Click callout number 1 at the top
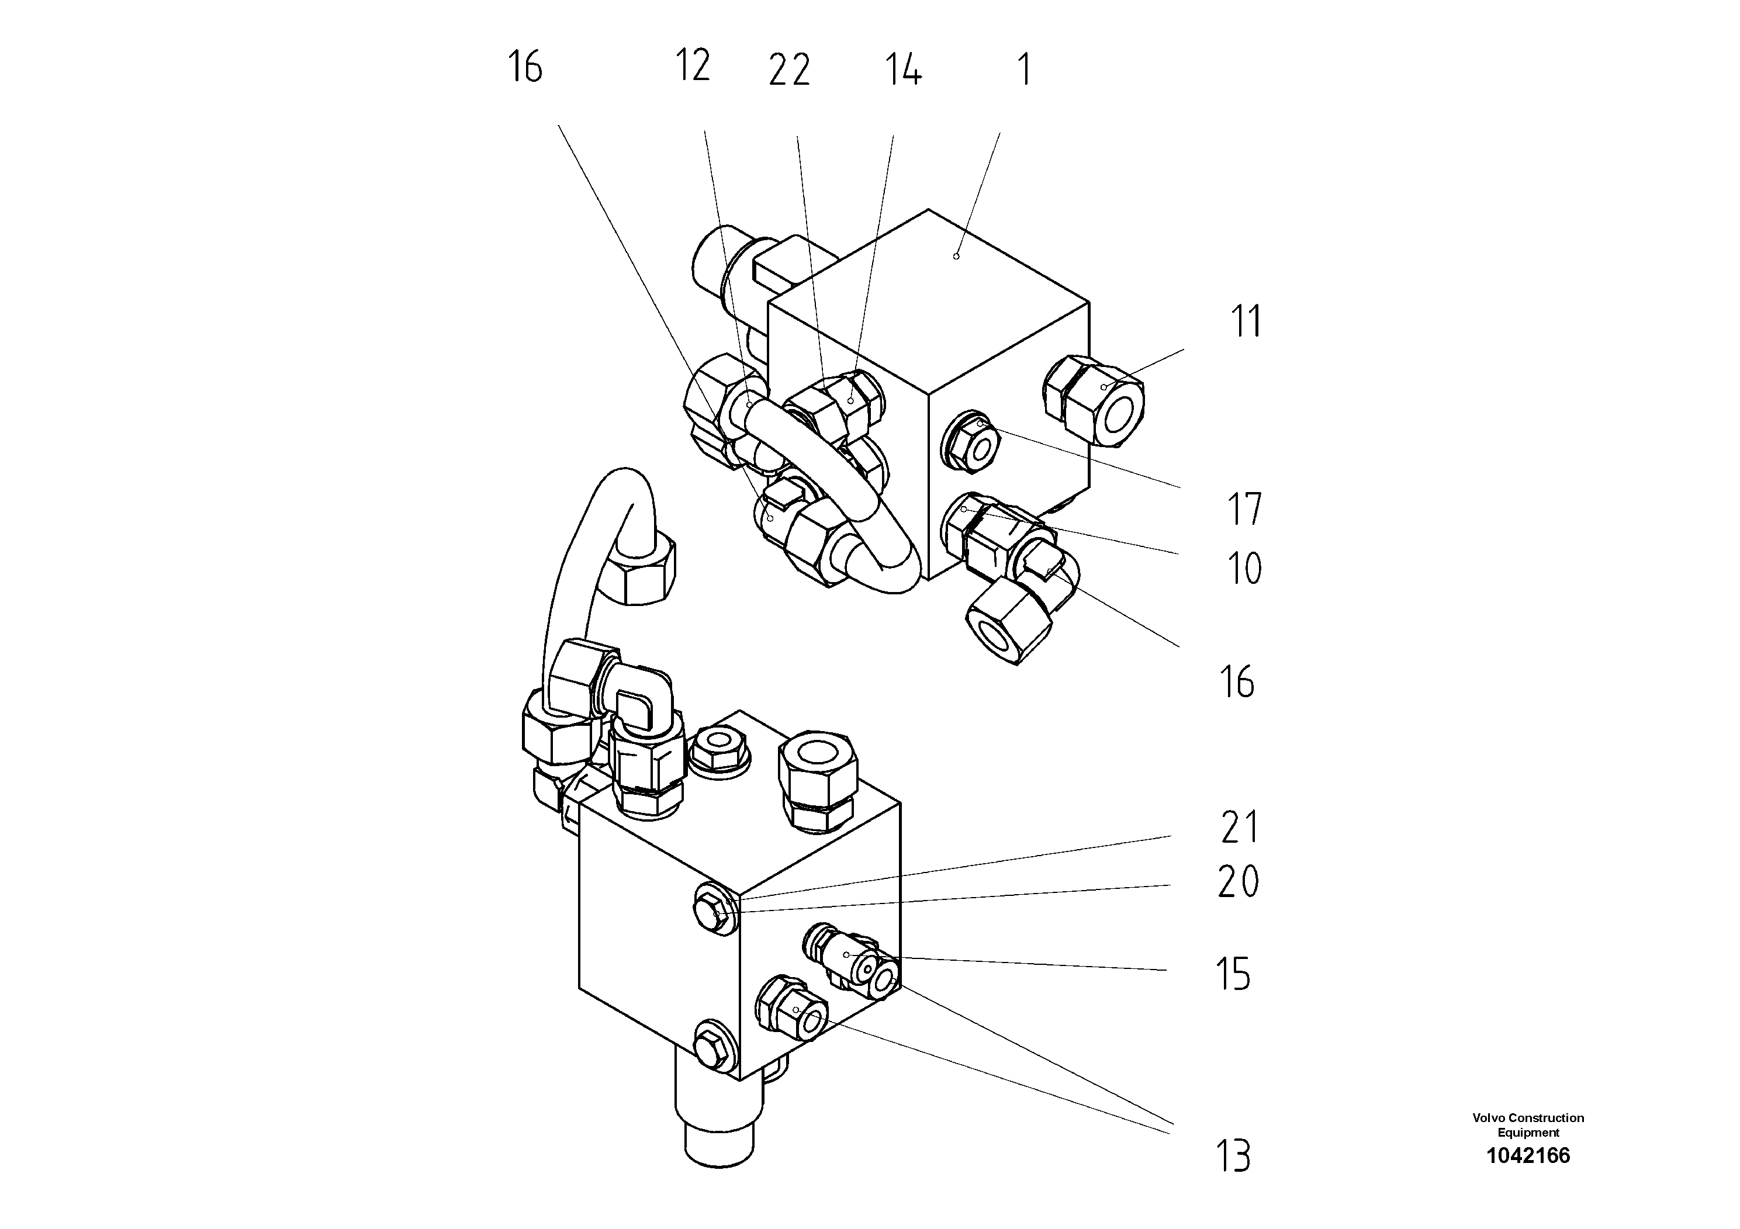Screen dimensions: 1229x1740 pos(1024,70)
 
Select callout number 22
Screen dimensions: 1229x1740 pos(789,71)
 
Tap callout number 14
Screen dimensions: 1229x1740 pos(902,70)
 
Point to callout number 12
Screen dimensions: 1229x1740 pos(692,65)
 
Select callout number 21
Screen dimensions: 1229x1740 pos(1240,827)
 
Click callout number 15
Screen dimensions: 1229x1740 pos(1233,974)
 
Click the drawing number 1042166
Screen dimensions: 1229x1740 pos(1528,1155)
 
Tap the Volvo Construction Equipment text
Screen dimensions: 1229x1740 pos(1528,1125)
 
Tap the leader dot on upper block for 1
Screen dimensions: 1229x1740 pos(956,256)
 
